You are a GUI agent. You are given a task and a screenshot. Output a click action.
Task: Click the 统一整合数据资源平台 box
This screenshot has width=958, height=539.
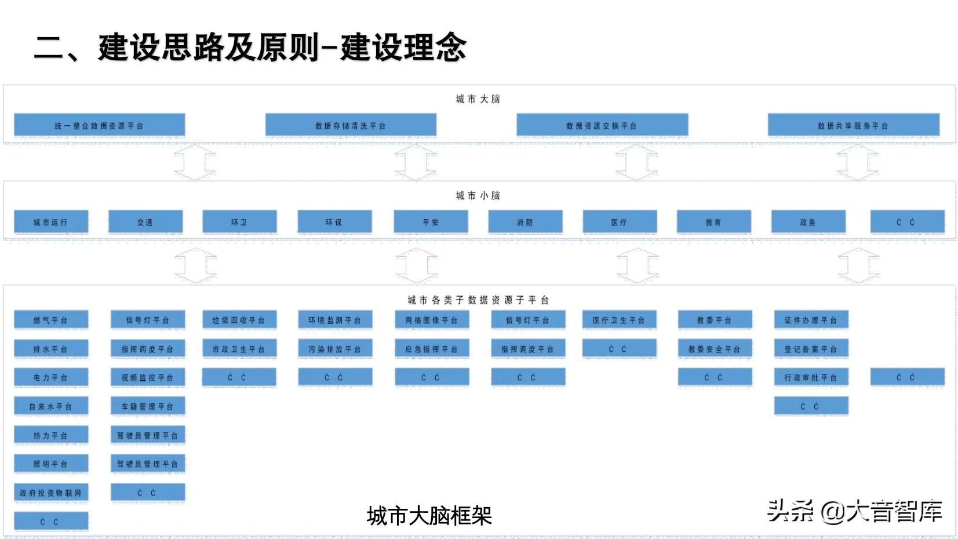point(99,125)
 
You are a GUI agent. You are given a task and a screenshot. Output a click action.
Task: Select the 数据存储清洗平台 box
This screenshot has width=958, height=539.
point(351,125)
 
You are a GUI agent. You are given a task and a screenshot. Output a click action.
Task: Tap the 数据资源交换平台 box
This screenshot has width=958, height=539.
point(602,125)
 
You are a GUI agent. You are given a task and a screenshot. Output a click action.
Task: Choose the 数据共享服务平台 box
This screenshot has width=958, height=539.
point(853,125)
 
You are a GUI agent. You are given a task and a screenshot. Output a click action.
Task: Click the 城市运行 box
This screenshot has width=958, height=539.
point(51,222)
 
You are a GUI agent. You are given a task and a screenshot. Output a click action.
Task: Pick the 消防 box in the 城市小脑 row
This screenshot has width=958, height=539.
point(525,222)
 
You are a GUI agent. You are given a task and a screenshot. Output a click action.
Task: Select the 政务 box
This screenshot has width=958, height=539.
point(808,222)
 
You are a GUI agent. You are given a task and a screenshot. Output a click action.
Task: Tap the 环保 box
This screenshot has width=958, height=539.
point(334,222)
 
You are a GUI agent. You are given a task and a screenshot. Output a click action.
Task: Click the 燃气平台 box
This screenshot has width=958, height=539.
point(51,320)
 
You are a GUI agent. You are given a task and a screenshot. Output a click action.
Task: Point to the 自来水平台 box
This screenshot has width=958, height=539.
point(51,406)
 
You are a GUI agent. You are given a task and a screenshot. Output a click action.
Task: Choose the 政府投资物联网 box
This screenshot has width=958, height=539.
point(51,493)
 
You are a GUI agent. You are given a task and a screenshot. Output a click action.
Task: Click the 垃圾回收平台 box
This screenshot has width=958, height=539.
point(239,320)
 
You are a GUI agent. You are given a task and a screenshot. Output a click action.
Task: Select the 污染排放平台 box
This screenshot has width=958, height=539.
point(335,349)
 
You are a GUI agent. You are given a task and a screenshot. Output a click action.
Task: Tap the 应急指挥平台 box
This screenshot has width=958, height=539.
point(432,349)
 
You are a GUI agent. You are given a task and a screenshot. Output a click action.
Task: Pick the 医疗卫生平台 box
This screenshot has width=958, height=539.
point(619,320)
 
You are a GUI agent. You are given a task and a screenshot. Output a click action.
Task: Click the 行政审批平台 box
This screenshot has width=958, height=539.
point(811,377)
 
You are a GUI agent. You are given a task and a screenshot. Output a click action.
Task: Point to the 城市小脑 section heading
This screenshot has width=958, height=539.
point(478,195)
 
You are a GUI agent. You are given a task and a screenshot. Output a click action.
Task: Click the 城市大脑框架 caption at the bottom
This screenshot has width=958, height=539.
point(429,515)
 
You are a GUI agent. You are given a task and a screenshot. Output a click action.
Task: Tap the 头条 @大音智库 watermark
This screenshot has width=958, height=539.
point(855,511)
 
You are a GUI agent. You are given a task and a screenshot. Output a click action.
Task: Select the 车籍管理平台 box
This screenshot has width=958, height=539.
point(148,406)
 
